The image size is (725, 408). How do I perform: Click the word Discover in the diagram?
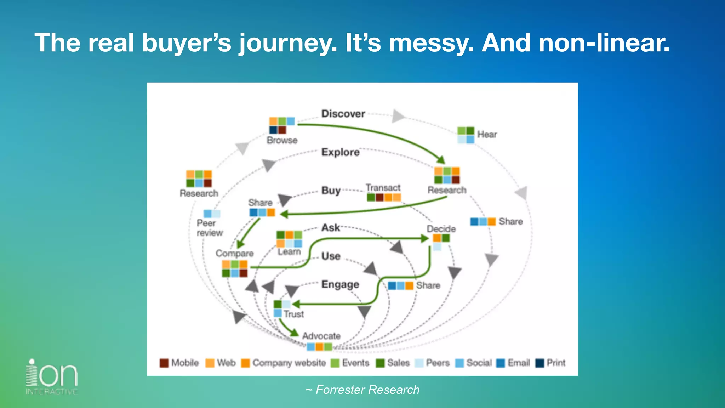[x=343, y=114]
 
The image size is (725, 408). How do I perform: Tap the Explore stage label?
[x=340, y=152]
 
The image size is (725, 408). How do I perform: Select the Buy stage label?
[x=331, y=191]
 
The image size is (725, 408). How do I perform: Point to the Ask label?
[x=331, y=228]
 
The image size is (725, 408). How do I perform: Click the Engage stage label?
[x=340, y=285]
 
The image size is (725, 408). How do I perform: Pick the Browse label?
[x=282, y=140]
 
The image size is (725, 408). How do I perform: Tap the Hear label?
[x=487, y=135]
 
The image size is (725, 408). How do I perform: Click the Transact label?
[x=383, y=187]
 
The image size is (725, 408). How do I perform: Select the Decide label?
[x=441, y=229]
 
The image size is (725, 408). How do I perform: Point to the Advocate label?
[x=321, y=336]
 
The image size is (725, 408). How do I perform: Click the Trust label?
[x=293, y=314]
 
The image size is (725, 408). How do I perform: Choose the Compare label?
[x=235, y=254]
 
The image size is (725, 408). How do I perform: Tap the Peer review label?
[x=209, y=228]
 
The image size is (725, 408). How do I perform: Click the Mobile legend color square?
[x=164, y=363]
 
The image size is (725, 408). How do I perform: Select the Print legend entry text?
[x=556, y=363]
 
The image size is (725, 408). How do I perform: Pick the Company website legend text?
[x=289, y=363]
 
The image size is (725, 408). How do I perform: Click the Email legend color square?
[x=501, y=363]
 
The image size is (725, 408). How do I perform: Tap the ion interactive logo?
[x=52, y=376]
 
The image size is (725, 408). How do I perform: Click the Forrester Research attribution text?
[x=362, y=390]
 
